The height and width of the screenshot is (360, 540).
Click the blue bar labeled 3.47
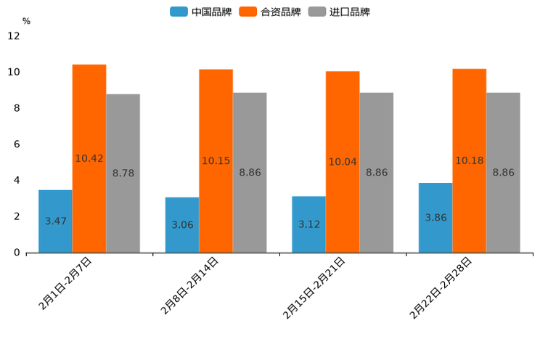55,221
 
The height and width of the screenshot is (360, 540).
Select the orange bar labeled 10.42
89,158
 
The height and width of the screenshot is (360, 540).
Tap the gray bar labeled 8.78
123,173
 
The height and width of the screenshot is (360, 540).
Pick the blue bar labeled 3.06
182,224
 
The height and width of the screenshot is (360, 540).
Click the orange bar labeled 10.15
216,160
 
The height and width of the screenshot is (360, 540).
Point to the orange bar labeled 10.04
343,162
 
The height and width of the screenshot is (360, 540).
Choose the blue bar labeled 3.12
308,224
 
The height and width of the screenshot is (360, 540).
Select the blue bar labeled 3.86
435,217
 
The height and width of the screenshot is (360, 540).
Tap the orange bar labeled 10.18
469,160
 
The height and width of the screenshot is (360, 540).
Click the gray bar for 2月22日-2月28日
503,172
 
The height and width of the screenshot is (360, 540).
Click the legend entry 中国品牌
201,12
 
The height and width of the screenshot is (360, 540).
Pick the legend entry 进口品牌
339,12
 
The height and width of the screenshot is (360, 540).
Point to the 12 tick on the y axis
14,36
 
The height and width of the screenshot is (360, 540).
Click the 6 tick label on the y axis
17,144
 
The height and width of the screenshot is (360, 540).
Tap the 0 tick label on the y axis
17,253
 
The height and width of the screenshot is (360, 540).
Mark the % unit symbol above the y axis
26,21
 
